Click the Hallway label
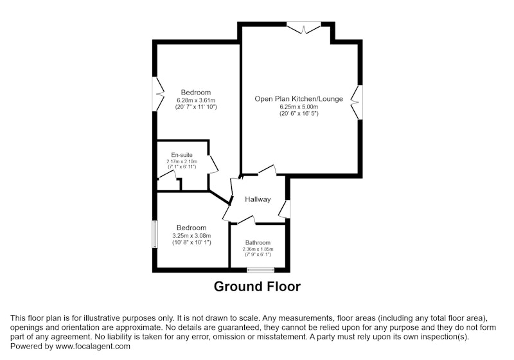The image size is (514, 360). click(258, 199)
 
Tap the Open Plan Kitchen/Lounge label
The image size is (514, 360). click(299, 99)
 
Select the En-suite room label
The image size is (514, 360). click(182, 155)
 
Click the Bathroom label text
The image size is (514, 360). click(258, 242)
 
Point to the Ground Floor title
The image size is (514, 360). click(257, 286)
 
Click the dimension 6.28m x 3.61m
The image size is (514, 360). click(196, 100)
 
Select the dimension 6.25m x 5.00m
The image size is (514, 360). click(299, 107)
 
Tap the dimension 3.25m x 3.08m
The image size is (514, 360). click(191, 236)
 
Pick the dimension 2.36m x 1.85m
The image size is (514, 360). click(258, 249)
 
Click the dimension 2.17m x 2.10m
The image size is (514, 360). click(182, 161)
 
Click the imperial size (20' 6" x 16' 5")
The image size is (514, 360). click(299, 114)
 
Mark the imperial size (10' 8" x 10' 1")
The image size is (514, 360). click(191, 242)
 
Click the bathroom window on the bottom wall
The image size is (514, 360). click(261, 270)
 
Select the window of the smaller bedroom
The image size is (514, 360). click(155, 234)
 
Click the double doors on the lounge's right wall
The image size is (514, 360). click(357, 102)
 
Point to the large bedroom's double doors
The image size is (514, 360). click(158, 94)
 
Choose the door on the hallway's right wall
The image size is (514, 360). click(285, 209)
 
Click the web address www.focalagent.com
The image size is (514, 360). click(93, 346)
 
